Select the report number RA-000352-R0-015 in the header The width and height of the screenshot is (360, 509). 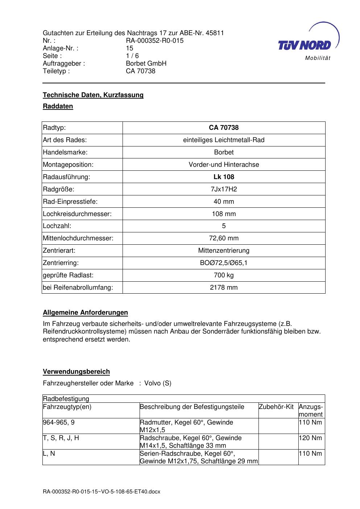154,41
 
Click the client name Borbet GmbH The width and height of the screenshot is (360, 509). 146,63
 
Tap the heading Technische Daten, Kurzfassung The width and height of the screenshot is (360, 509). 93,95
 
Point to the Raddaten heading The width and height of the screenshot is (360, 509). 58,106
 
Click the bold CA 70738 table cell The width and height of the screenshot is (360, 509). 224,128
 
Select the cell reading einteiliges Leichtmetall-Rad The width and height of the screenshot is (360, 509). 224,140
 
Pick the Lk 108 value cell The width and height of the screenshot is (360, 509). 224,177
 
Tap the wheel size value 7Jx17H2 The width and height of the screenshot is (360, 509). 224,189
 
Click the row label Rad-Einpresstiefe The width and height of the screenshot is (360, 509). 70,202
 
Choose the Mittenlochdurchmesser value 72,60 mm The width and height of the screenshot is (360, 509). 224,238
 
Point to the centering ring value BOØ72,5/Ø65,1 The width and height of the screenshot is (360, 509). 224,263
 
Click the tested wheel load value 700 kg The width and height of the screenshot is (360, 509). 224,275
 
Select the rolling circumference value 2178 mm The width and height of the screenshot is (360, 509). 224,287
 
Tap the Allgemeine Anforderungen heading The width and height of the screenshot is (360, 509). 85,313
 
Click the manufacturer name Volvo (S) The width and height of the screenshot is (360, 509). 158,383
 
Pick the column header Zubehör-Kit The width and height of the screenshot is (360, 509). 276,407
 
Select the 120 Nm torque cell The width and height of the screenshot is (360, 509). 310,438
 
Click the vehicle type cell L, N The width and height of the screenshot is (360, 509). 49,454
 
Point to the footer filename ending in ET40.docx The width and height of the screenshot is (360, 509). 102,492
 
